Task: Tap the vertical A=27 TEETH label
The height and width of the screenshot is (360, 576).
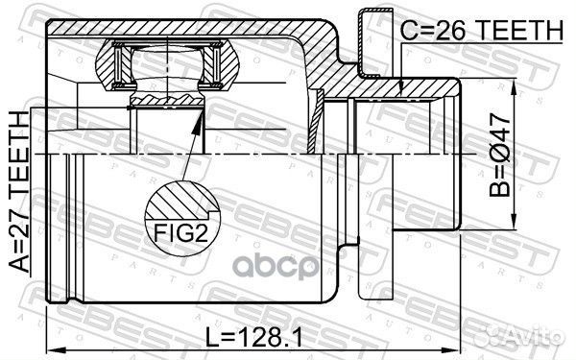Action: pos(19,192)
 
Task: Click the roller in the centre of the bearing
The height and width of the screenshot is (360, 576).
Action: pos(163,68)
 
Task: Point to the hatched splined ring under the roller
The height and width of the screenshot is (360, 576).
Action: pos(164,99)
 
